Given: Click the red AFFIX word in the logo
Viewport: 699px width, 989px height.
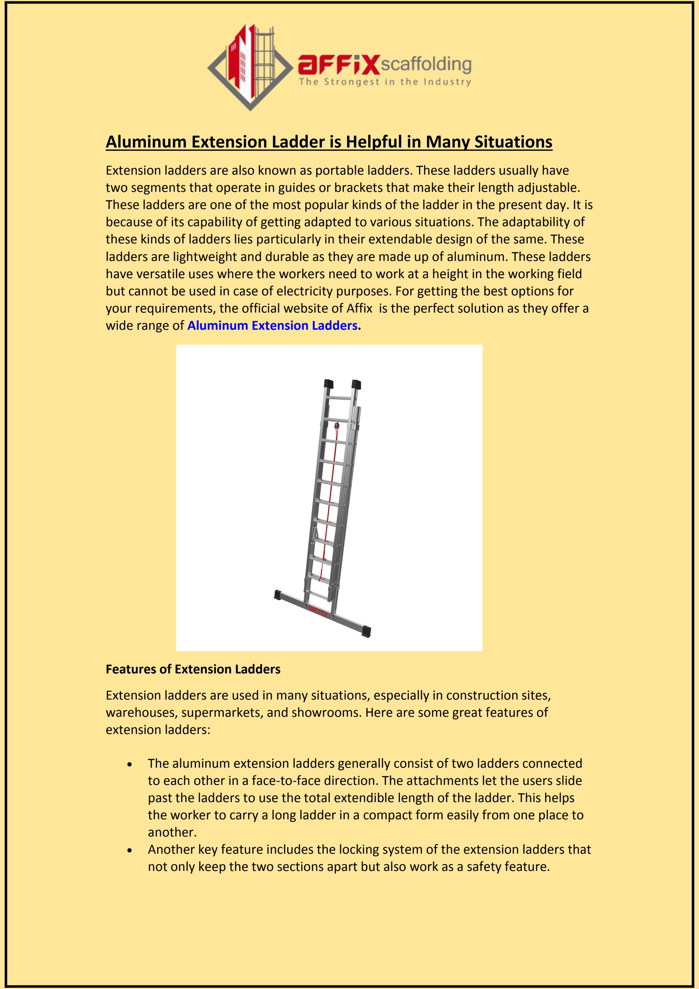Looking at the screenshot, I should tap(338, 64).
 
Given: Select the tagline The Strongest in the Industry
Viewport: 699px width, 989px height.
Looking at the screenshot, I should tap(385, 82).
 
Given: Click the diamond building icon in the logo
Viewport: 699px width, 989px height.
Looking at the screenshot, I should tap(252, 67).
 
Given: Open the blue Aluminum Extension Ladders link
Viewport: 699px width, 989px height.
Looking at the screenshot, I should tap(272, 326).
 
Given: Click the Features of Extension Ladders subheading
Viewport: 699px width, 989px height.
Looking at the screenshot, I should tap(193, 669).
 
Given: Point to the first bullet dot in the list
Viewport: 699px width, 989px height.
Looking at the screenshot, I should tap(130, 764).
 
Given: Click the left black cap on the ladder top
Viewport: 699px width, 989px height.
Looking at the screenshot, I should tap(329, 384).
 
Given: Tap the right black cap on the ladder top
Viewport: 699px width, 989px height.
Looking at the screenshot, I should tap(356, 384).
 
